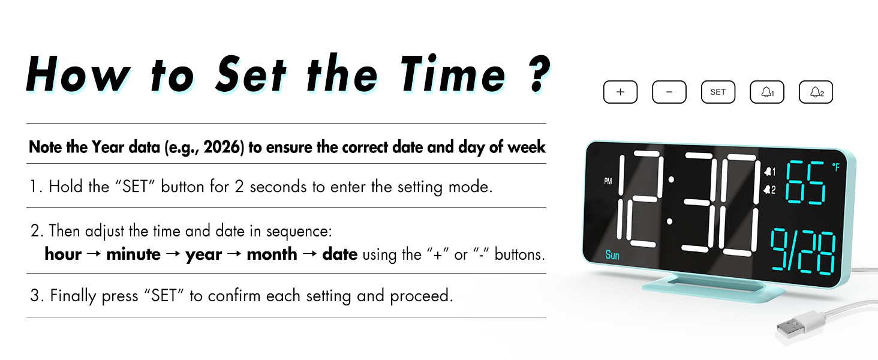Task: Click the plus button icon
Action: coord(620,92)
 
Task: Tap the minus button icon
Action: coord(669,92)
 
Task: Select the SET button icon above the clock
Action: coord(718,92)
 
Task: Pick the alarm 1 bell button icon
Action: coord(767,92)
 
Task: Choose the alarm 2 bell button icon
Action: coord(816,92)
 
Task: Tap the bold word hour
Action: coord(63,254)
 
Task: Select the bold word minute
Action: coord(133,254)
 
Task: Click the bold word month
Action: coord(272,254)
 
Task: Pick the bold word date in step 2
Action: coord(340,254)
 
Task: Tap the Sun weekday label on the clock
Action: coord(612,256)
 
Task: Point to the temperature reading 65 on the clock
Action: coord(806,183)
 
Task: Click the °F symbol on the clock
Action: coord(836,168)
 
